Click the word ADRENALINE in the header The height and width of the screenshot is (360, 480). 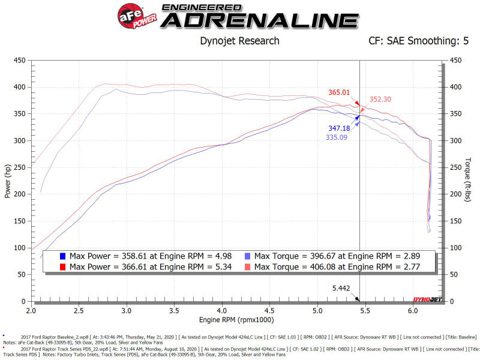click(260, 20)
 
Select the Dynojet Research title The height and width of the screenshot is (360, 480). click(239, 41)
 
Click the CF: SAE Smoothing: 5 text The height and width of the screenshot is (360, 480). click(418, 41)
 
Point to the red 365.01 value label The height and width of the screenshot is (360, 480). click(339, 92)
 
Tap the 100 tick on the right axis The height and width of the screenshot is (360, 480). click(457, 247)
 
